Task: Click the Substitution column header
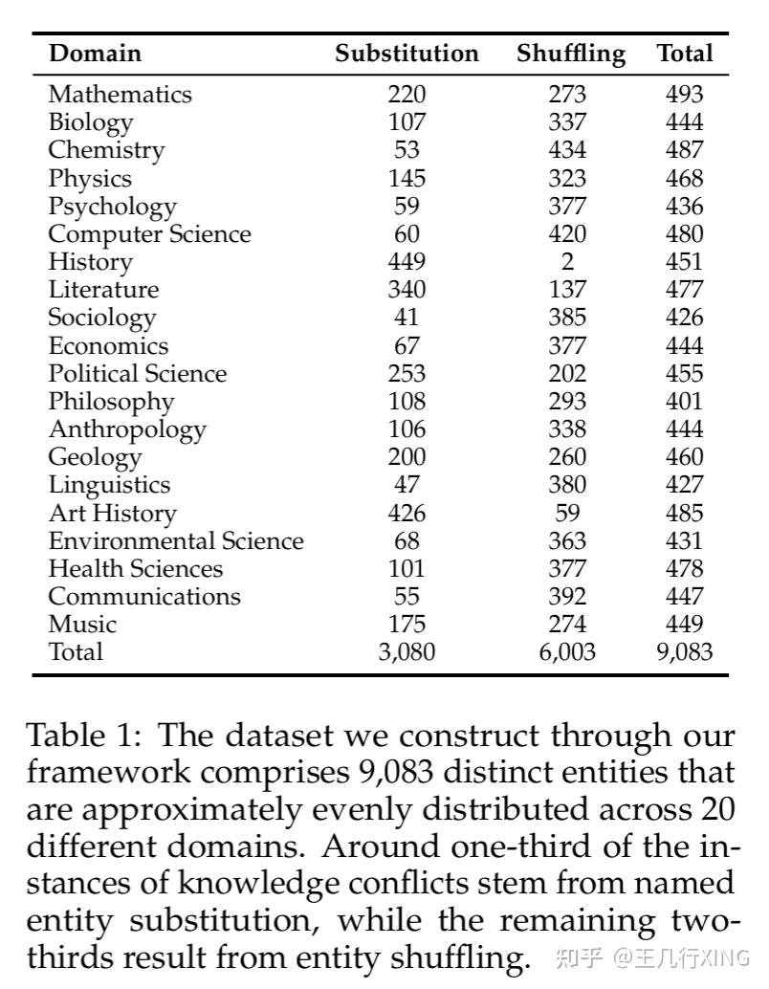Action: tap(406, 54)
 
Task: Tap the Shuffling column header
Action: tap(571, 54)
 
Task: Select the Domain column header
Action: tap(95, 54)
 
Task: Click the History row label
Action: tap(90, 261)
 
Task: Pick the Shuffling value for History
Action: tap(567, 261)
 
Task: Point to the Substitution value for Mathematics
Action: tap(406, 94)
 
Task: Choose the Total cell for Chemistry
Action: tap(684, 150)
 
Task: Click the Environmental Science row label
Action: tap(176, 540)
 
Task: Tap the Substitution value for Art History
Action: tap(406, 513)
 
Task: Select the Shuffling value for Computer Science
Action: tap(567, 233)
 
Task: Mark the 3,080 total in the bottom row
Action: tap(406, 652)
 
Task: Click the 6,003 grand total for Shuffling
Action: tap(567, 652)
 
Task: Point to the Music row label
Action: tap(82, 625)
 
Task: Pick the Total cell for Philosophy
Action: tap(684, 401)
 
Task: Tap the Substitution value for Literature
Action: tap(406, 289)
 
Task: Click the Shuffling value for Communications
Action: tap(567, 596)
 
